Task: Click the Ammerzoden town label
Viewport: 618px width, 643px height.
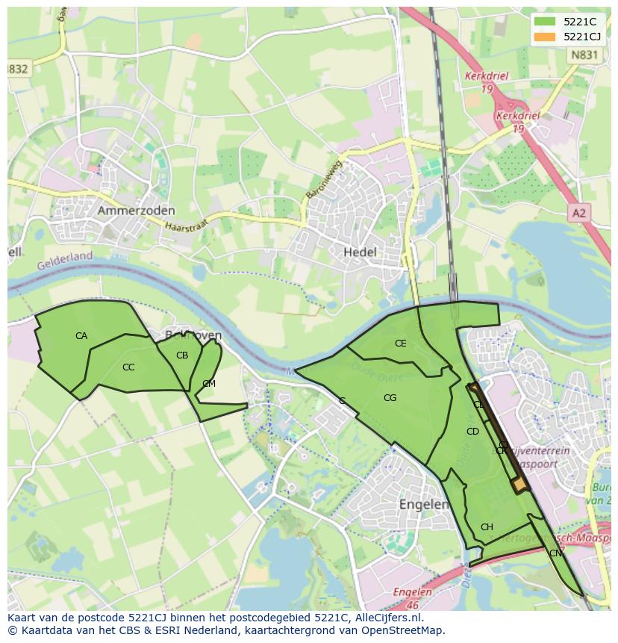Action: click(x=136, y=211)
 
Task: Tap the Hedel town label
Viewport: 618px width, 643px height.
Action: click(x=360, y=252)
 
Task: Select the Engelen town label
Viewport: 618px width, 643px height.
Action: click(x=423, y=504)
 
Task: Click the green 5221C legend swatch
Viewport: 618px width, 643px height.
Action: click(x=545, y=22)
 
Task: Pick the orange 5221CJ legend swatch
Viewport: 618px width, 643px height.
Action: click(x=545, y=37)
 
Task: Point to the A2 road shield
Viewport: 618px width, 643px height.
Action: click(x=578, y=214)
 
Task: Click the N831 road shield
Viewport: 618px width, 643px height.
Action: click(x=582, y=55)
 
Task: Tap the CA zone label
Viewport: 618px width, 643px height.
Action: click(x=81, y=336)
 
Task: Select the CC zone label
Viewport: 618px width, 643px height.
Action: click(x=128, y=367)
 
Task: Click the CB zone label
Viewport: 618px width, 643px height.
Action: click(x=182, y=355)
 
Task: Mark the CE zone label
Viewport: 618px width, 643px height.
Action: click(x=401, y=344)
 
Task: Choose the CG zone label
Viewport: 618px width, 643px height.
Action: click(x=390, y=398)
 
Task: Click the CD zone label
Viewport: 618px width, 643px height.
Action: click(x=472, y=432)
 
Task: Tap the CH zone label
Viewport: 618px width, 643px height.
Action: click(x=487, y=527)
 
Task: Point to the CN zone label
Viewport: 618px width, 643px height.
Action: click(x=555, y=553)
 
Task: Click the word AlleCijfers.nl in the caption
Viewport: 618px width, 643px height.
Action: click(x=387, y=618)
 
